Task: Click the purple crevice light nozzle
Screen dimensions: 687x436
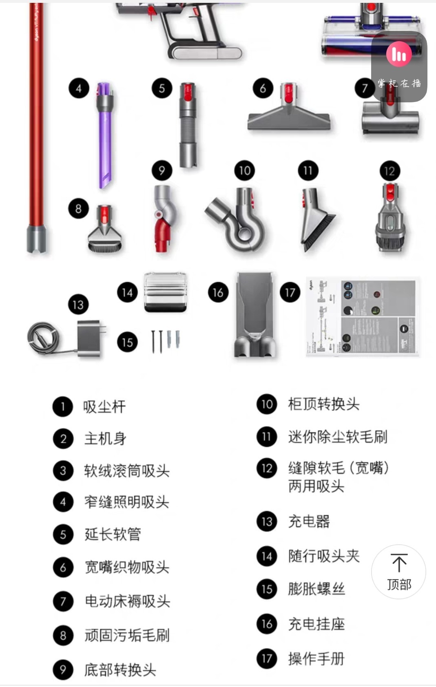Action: click(x=105, y=139)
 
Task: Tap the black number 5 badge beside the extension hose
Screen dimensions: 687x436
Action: click(x=162, y=88)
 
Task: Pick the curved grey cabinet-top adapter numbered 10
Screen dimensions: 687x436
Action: click(x=239, y=220)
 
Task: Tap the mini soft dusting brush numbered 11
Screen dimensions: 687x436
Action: click(x=316, y=220)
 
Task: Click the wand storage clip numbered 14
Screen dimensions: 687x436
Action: click(x=165, y=292)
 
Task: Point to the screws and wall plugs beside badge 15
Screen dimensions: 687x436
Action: click(x=165, y=341)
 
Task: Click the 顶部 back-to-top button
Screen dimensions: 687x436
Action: click(x=398, y=572)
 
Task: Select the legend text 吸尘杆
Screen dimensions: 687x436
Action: click(x=104, y=407)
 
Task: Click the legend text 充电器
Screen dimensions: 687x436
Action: click(x=309, y=521)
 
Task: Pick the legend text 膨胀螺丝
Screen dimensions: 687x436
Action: click(x=316, y=589)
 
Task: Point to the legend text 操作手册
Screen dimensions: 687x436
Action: click(x=316, y=658)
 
